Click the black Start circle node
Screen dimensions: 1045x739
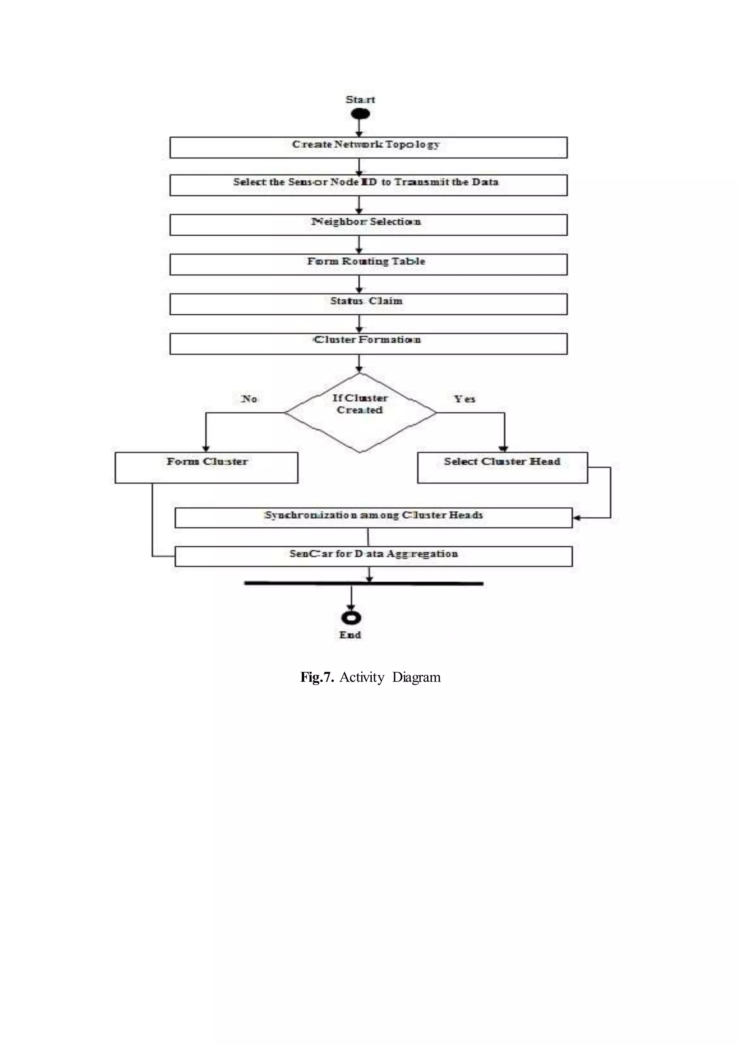point(360,114)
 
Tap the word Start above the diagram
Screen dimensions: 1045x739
point(360,99)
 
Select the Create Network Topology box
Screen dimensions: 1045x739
point(368,148)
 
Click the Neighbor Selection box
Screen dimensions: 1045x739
point(368,225)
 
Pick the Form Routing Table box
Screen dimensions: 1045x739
point(368,264)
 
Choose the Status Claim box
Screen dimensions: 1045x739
point(368,304)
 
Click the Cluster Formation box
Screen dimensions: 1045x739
point(368,344)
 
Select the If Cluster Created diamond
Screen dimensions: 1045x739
point(360,413)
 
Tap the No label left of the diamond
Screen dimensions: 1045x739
point(249,399)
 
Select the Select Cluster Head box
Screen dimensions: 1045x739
point(502,467)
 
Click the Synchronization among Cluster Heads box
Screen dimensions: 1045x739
point(373,518)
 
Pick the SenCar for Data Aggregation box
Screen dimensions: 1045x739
point(373,556)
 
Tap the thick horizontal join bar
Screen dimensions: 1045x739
point(364,583)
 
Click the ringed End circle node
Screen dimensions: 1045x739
point(351,618)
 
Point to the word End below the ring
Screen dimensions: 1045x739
point(350,635)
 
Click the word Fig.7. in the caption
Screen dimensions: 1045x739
point(317,677)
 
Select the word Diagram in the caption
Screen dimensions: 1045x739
point(416,677)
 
